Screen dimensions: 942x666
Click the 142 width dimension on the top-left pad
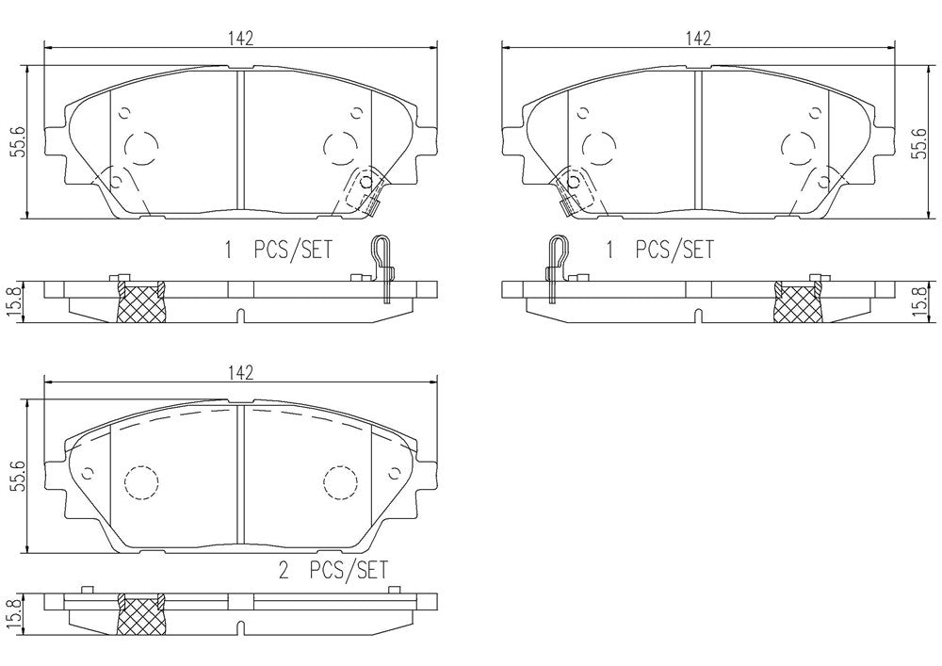click(x=240, y=38)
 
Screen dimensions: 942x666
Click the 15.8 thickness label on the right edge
click(x=918, y=302)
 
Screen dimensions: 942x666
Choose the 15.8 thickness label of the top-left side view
click(x=18, y=302)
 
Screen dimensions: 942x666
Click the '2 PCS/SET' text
click(x=333, y=569)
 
